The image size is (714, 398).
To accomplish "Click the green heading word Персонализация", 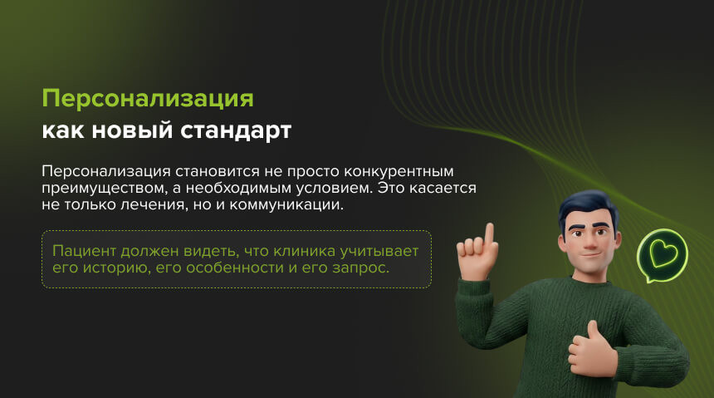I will [147, 99].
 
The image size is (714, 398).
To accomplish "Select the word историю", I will [111, 269].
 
